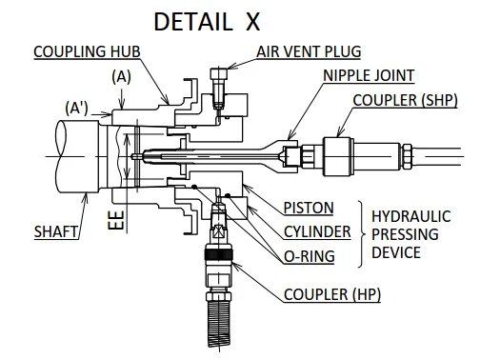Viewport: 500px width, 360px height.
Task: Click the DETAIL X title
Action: (x=207, y=22)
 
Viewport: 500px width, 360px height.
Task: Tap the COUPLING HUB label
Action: (x=87, y=51)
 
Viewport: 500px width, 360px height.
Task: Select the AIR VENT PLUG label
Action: (x=309, y=51)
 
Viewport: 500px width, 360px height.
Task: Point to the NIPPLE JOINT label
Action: (x=369, y=75)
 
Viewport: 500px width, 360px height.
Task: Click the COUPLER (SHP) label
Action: (x=405, y=100)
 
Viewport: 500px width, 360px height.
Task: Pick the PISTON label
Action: (x=309, y=208)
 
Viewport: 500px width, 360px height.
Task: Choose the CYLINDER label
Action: (x=317, y=231)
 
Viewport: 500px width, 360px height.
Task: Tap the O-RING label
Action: (x=310, y=256)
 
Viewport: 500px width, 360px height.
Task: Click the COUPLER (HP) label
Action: (x=332, y=294)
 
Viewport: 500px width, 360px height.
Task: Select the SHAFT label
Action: (x=56, y=231)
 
